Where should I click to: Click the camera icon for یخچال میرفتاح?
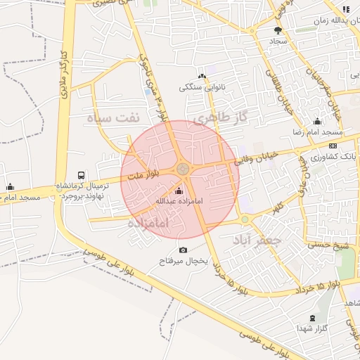(x=184, y=250)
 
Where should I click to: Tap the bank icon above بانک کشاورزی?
(x=333, y=146)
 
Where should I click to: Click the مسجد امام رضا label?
(x=318, y=133)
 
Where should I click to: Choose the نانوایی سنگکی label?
(x=202, y=87)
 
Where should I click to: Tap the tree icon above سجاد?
(x=278, y=30)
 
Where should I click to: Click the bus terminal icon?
(x=82, y=176)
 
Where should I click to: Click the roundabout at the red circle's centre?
(x=183, y=169)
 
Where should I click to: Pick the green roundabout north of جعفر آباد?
(x=245, y=220)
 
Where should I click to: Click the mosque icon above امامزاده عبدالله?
(x=178, y=191)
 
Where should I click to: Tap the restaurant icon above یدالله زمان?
(x=345, y=9)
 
